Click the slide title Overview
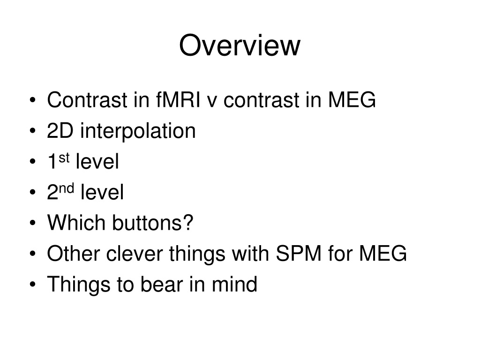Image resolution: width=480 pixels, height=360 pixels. click(x=240, y=45)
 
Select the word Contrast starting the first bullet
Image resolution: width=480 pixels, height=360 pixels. click(x=87, y=100)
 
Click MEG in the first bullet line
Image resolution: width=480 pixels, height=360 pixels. click(x=352, y=100)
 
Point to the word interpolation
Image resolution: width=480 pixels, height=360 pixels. click(x=138, y=131)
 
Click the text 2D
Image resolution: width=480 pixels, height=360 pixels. click(x=60, y=131)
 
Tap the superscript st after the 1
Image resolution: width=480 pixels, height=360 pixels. click(x=64, y=158)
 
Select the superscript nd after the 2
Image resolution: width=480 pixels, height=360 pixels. click(x=67, y=188)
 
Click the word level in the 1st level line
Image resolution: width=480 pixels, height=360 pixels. click(x=97, y=161)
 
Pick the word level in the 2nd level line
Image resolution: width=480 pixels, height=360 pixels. click(x=102, y=192)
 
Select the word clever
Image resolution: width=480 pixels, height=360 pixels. click(x=135, y=254)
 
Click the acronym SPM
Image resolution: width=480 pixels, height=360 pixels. click(x=299, y=254)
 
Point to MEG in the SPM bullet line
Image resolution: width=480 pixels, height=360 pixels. click(x=383, y=254)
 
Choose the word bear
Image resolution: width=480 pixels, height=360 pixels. click(x=162, y=284)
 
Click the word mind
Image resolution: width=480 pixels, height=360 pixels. click(x=234, y=284)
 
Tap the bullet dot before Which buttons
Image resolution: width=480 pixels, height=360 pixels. click(x=33, y=223)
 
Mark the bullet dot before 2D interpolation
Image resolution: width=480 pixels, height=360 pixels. click(x=33, y=131)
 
